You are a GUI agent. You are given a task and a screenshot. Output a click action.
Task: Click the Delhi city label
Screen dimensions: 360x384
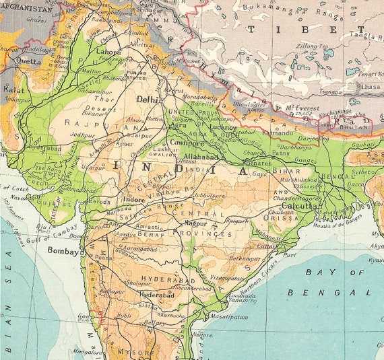tap(149, 99)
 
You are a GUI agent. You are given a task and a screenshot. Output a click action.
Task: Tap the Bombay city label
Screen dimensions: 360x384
tap(63, 250)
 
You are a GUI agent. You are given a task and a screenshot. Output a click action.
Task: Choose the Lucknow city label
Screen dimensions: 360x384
tap(222, 127)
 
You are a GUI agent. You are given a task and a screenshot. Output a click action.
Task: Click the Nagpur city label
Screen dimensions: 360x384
tap(195, 222)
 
